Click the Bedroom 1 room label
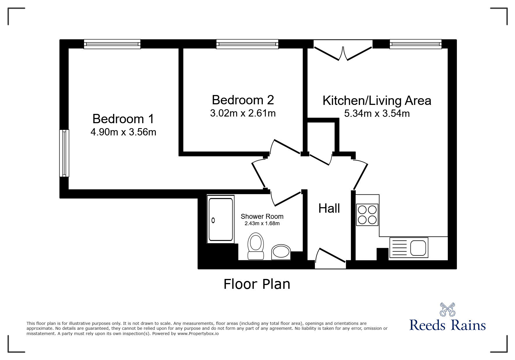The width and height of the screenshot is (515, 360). (123, 119)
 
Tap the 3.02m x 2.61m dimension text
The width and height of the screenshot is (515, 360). (243, 113)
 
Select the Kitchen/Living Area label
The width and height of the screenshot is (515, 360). (377, 101)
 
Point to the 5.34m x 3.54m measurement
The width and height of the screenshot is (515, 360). (377, 113)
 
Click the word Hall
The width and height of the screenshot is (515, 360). (329, 208)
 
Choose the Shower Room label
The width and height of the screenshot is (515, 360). (262, 216)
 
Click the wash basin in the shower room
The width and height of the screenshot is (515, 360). (281, 252)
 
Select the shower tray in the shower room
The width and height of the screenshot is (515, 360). (221, 219)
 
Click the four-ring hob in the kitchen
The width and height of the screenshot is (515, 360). (367, 215)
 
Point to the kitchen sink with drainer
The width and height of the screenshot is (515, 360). (409, 248)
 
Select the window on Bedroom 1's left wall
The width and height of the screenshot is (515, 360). (64, 153)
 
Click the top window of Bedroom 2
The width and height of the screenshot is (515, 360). (247, 44)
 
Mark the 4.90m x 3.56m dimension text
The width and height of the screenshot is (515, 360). (123, 132)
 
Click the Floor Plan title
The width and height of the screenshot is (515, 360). (257, 284)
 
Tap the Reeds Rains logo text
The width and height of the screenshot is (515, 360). (448, 325)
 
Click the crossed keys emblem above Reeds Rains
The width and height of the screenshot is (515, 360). (448, 309)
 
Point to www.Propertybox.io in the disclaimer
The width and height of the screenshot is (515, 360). (198, 334)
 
